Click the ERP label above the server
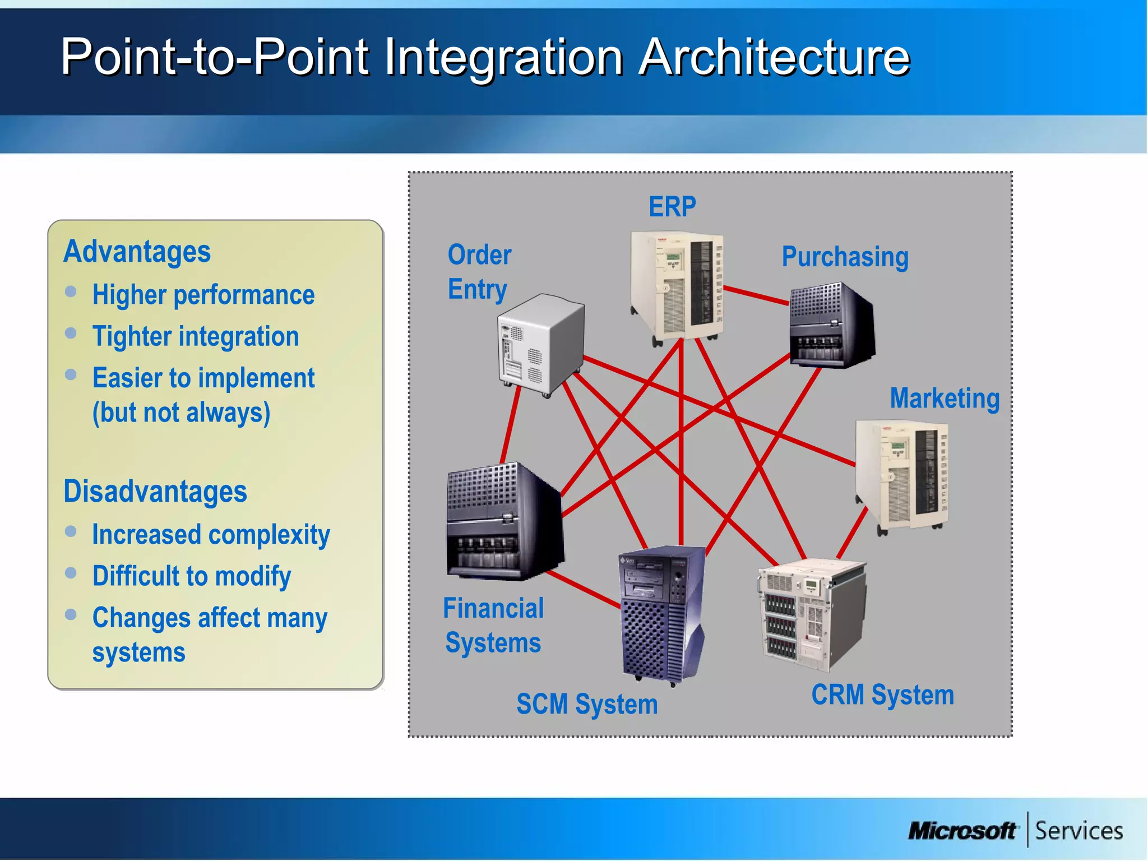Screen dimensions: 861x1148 pos(672,207)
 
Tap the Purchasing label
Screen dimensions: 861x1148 pos(845,257)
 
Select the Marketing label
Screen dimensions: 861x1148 pos(945,399)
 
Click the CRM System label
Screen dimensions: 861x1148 pos(882,695)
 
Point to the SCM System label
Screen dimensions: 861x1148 pos(587,704)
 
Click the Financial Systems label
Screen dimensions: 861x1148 pos(493,626)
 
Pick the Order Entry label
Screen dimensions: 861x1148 pos(479,272)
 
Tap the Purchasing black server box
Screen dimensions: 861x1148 pos(831,326)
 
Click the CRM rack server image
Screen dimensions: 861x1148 pos(811,615)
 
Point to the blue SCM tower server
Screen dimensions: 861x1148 pos(661,614)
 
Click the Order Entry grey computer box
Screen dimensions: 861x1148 pos(540,345)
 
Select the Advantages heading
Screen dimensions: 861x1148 pos(137,252)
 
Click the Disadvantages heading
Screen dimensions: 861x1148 pos(155,492)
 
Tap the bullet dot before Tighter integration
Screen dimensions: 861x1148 pos(71,334)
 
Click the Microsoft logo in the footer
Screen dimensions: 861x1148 pos(961,831)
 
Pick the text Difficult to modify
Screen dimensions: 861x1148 pos(192,576)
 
